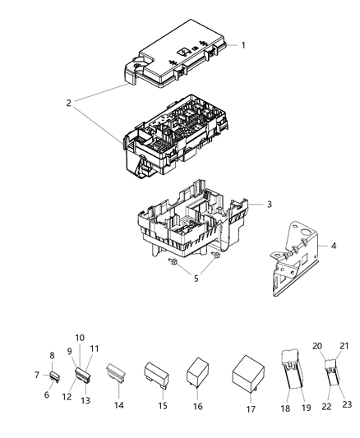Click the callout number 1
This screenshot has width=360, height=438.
(x=242, y=44)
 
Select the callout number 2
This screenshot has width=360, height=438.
(x=69, y=104)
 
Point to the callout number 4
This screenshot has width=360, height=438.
(x=333, y=246)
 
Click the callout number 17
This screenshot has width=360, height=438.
(x=251, y=408)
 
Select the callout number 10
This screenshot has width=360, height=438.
(x=80, y=338)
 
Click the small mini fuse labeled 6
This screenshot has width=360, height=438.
(x=54, y=377)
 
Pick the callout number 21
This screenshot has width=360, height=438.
(x=344, y=345)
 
